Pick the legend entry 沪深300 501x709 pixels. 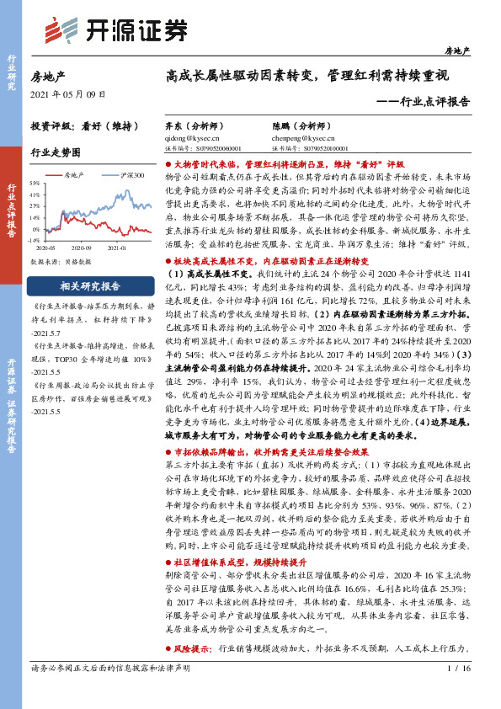[x=131, y=175]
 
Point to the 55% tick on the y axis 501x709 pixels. [x=35, y=182]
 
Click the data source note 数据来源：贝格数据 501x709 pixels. [x=59, y=262]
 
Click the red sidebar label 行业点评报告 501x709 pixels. [x=13, y=214]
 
